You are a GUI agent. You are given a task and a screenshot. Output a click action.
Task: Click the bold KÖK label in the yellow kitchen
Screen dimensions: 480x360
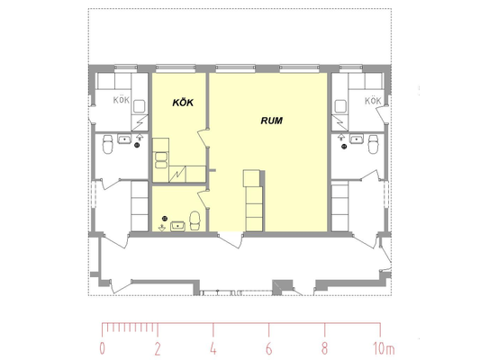pyautogui.click(x=183, y=103)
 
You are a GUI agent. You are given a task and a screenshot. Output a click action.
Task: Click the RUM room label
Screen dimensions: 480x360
pyautogui.click(x=272, y=121)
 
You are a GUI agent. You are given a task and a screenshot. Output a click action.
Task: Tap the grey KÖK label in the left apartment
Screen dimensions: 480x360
pyautogui.click(x=122, y=100)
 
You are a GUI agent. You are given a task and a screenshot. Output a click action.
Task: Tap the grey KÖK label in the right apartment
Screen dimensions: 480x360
pyautogui.click(x=373, y=101)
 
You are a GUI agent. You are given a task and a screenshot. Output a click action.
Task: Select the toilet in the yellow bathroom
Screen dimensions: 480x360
pyautogui.click(x=195, y=220)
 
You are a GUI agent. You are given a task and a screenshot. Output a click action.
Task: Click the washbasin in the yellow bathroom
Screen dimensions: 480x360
pyautogui.click(x=177, y=226)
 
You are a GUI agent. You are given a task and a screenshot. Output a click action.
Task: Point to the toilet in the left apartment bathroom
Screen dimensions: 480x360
pyautogui.click(x=107, y=144)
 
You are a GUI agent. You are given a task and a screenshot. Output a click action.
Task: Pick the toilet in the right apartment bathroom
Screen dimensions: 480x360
pyautogui.click(x=373, y=144)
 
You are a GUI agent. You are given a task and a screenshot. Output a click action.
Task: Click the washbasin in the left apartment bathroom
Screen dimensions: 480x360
pyautogui.click(x=124, y=139)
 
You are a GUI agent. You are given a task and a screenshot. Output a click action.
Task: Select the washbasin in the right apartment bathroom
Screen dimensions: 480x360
pyautogui.click(x=357, y=139)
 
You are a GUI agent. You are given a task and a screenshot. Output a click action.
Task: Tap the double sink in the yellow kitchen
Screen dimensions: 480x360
pyautogui.click(x=161, y=160)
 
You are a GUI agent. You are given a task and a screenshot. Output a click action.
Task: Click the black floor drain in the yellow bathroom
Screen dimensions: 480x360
pyautogui.click(x=165, y=218)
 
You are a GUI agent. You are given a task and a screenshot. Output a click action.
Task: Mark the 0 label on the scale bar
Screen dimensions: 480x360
pyautogui.click(x=103, y=348)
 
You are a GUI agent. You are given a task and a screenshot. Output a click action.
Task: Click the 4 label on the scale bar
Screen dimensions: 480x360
pyautogui.click(x=213, y=348)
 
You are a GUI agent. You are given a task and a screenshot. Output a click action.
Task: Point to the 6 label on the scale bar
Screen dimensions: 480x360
pyautogui.click(x=268, y=348)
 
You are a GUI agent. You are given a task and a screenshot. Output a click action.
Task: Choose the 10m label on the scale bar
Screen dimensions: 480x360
pyautogui.click(x=384, y=348)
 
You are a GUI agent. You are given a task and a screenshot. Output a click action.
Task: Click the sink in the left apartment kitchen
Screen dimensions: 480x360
pyautogui.click(x=140, y=106)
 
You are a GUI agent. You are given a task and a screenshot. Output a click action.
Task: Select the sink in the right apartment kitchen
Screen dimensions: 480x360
pyautogui.click(x=340, y=106)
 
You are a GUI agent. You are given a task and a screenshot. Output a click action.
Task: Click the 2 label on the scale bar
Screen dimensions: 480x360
pyautogui.click(x=158, y=348)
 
